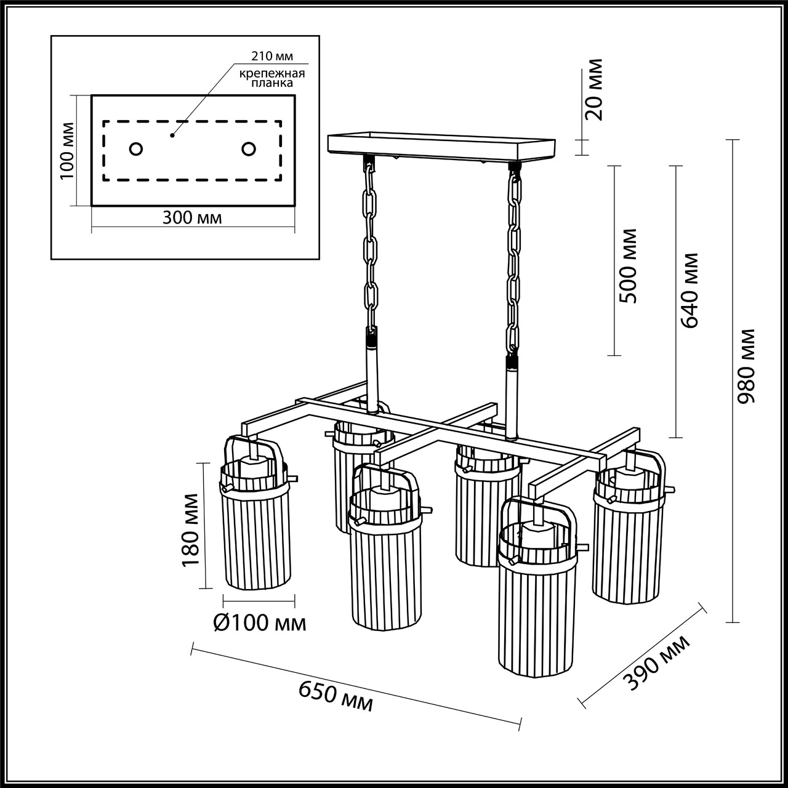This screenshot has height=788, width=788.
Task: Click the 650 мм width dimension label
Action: (x=336, y=697)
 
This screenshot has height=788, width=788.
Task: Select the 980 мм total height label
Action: (x=747, y=367)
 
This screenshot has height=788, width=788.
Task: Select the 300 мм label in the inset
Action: (x=192, y=217)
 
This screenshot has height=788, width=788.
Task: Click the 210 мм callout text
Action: (x=271, y=57)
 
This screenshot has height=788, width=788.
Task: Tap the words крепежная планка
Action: (x=273, y=78)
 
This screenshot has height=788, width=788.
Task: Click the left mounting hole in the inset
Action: (x=136, y=149)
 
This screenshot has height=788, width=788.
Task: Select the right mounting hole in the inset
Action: (x=249, y=149)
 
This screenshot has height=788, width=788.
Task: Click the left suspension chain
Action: (x=371, y=246)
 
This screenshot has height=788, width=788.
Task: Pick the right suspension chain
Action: (x=513, y=259)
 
